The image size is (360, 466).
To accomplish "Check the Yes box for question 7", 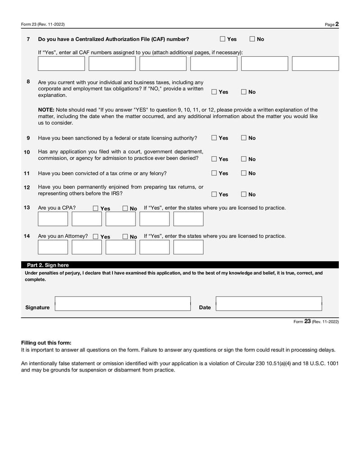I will point(223,39).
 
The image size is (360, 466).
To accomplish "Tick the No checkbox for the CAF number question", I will point(252,39).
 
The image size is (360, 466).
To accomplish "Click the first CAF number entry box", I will point(61,63).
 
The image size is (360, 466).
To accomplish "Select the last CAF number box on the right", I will point(315,63).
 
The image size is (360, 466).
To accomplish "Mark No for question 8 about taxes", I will point(243,92).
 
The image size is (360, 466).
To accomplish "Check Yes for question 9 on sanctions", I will point(214,138).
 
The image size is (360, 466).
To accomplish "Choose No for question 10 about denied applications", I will point(243,159).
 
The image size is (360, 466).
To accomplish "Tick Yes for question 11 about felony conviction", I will point(214,173).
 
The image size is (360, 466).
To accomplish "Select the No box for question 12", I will point(243,195).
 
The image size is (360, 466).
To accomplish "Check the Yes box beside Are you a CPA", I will point(95,208).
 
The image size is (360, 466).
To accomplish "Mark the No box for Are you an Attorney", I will point(125,237).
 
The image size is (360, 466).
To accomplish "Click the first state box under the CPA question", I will point(53,219).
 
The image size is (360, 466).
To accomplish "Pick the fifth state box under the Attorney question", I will point(188,247).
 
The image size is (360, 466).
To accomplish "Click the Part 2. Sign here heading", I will point(48,265).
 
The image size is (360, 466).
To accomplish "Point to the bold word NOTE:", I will point(46,109).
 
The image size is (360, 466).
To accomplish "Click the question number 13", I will point(27,208).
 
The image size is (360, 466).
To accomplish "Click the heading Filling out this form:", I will point(46,343).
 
